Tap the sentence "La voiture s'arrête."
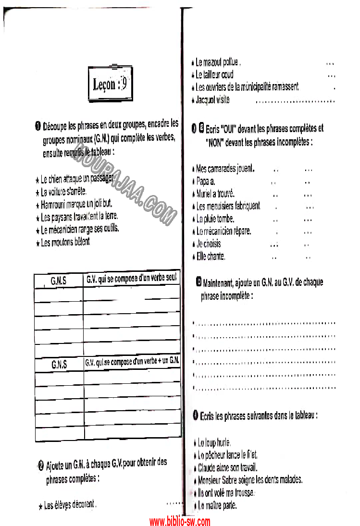(x=63, y=192)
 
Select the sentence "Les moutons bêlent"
(x=65, y=242)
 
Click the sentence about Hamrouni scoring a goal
(x=76, y=204)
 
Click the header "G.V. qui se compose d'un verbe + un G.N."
(x=132, y=361)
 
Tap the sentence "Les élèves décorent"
(x=70, y=505)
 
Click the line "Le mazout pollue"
(x=218, y=62)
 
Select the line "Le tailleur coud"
(x=214, y=74)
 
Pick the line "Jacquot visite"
(x=212, y=100)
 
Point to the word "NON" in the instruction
(x=217, y=143)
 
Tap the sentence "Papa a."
(x=206, y=182)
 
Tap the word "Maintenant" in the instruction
(x=223, y=282)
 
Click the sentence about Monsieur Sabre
(x=250, y=479)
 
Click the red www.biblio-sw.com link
(x=180, y=521)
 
